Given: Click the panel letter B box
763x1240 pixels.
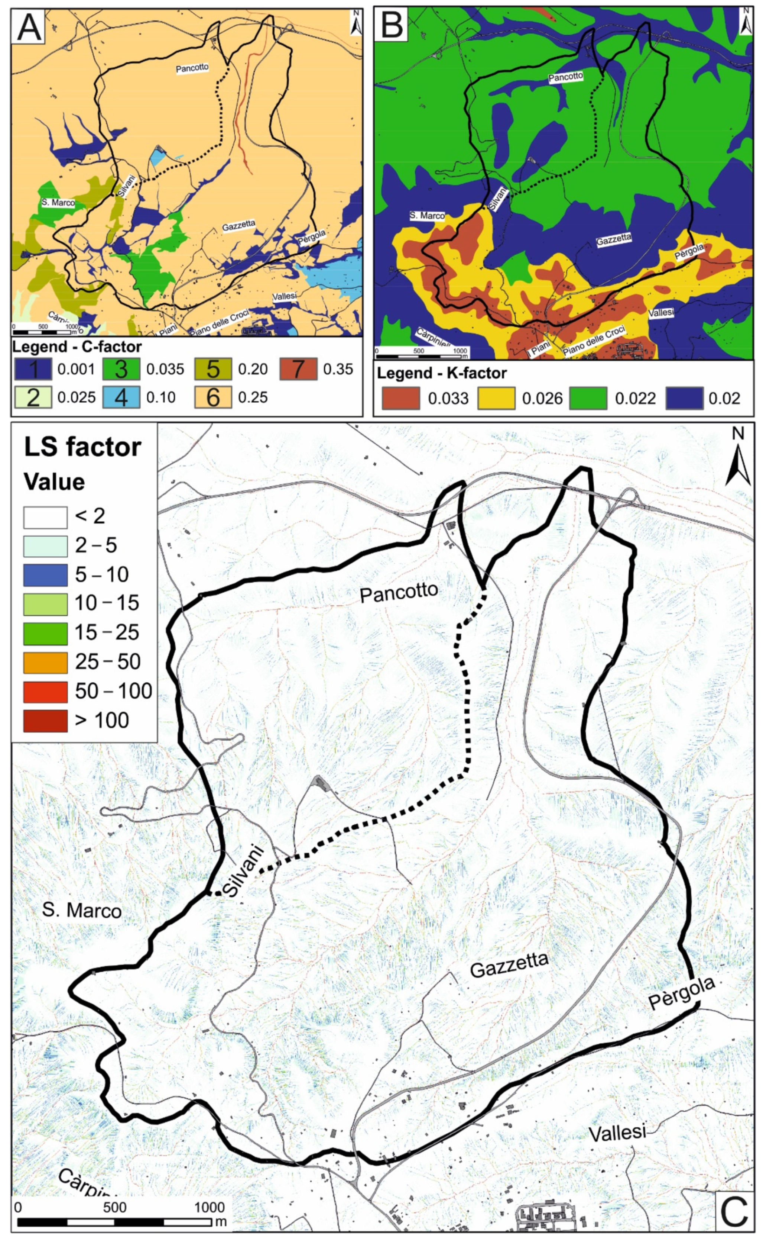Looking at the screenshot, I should tap(393, 24).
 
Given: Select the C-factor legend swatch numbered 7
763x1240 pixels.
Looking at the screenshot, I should tap(298, 369).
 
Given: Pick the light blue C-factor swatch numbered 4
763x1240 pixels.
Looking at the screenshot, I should tap(121, 397).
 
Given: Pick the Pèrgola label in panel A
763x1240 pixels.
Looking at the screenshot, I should tap(311, 238).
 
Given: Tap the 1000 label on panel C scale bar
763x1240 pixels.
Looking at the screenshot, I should tap(210, 1208).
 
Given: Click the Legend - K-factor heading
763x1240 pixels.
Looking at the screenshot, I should tap(442, 373).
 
